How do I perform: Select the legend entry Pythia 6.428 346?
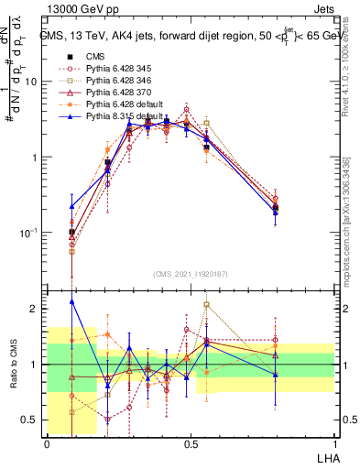(119, 81)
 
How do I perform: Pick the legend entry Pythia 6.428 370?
(119, 93)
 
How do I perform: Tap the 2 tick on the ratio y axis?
(38, 309)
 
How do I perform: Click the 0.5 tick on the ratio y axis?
(33, 420)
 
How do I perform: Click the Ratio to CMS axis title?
(14, 364)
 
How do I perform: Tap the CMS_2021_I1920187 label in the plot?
(190, 274)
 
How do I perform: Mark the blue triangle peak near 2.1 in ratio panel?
(72, 300)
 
